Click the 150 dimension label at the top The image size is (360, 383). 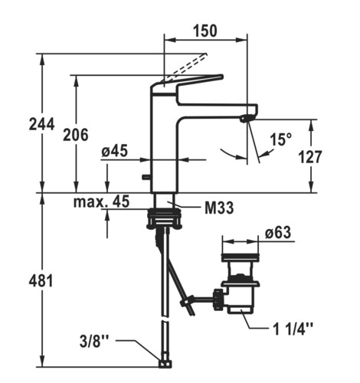(205, 31)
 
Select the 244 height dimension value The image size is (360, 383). (41, 124)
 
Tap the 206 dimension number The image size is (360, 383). (76, 135)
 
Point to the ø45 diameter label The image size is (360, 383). (114, 151)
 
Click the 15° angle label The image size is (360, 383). (280, 139)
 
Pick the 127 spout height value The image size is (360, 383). (310, 157)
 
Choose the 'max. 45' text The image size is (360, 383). (101, 201)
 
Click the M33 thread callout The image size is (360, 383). (219, 208)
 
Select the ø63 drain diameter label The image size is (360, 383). (278, 232)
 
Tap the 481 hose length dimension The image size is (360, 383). (41, 281)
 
